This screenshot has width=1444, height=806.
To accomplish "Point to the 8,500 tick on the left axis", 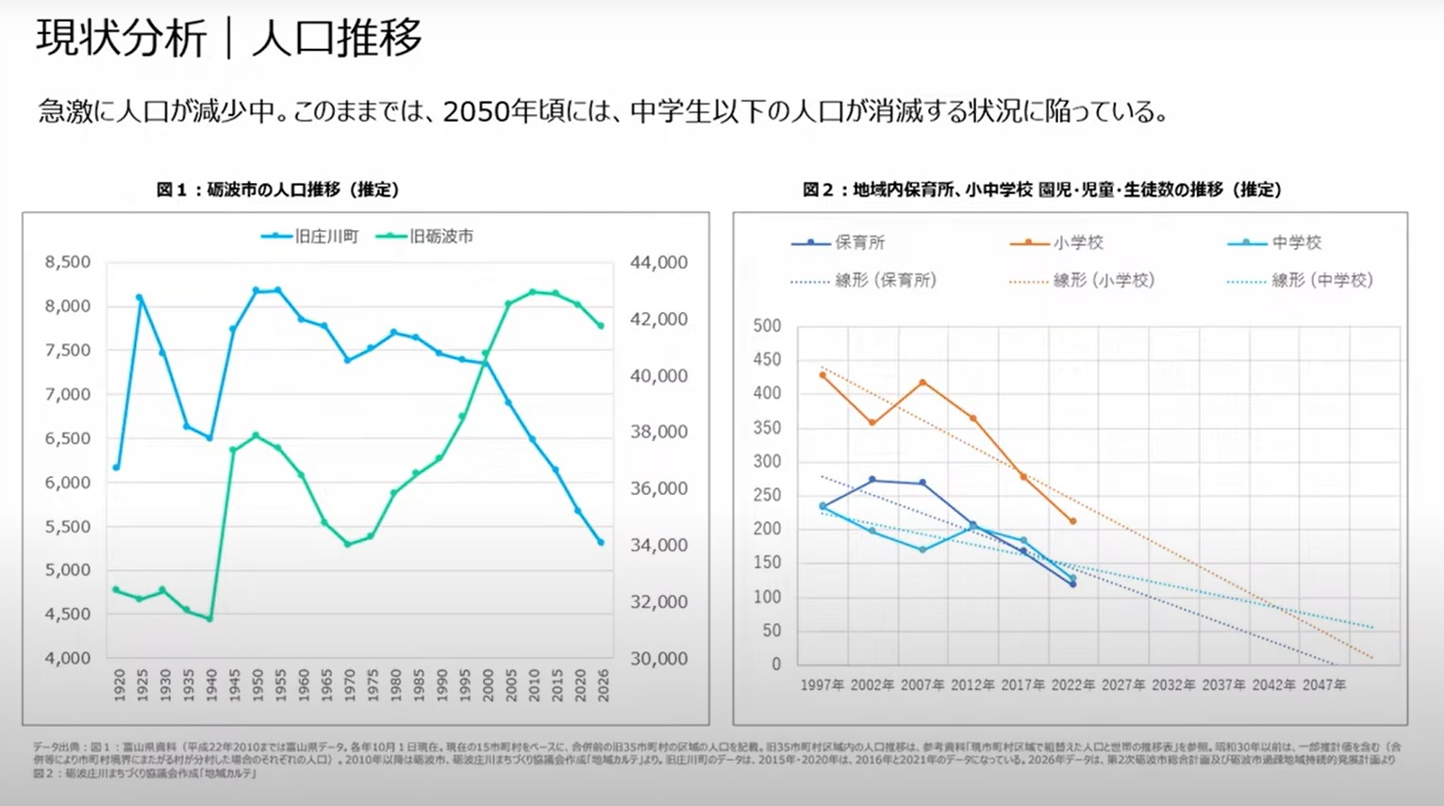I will pyautogui.click(x=68, y=262).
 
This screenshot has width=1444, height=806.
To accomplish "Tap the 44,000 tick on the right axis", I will pyautogui.click(x=658, y=262).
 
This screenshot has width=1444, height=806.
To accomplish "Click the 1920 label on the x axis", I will pyautogui.click(x=120, y=685).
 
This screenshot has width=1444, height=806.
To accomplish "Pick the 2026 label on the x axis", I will pyautogui.click(x=603, y=685).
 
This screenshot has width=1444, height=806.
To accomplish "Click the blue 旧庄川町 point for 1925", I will pyautogui.click(x=140, y=298).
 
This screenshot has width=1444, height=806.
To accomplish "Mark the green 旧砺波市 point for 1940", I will pyautogui.click(x=209, y=619).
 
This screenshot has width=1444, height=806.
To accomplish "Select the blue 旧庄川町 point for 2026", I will pyautogui.click(x=601, y=542).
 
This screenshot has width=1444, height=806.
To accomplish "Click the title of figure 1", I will pyautogui.click(x=277, y=189).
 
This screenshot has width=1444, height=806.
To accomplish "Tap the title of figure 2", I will pyautogui.click(x=1042, y=189).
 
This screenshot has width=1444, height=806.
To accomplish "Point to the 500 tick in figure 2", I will pyautogui.click(x=767, y=326).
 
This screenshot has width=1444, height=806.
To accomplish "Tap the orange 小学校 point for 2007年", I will pyautogui.click(x=922, y=383).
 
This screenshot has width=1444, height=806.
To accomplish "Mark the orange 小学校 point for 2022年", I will pyautogui.click(x=1073, y=521).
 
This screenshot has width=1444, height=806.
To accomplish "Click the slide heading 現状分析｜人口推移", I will pyautogui.click(x=229, y=39).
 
